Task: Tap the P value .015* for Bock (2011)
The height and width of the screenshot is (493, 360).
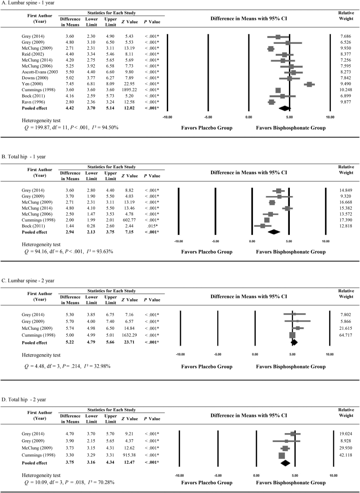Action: [149, 225]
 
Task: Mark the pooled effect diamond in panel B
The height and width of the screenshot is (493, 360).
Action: [274, 232]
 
